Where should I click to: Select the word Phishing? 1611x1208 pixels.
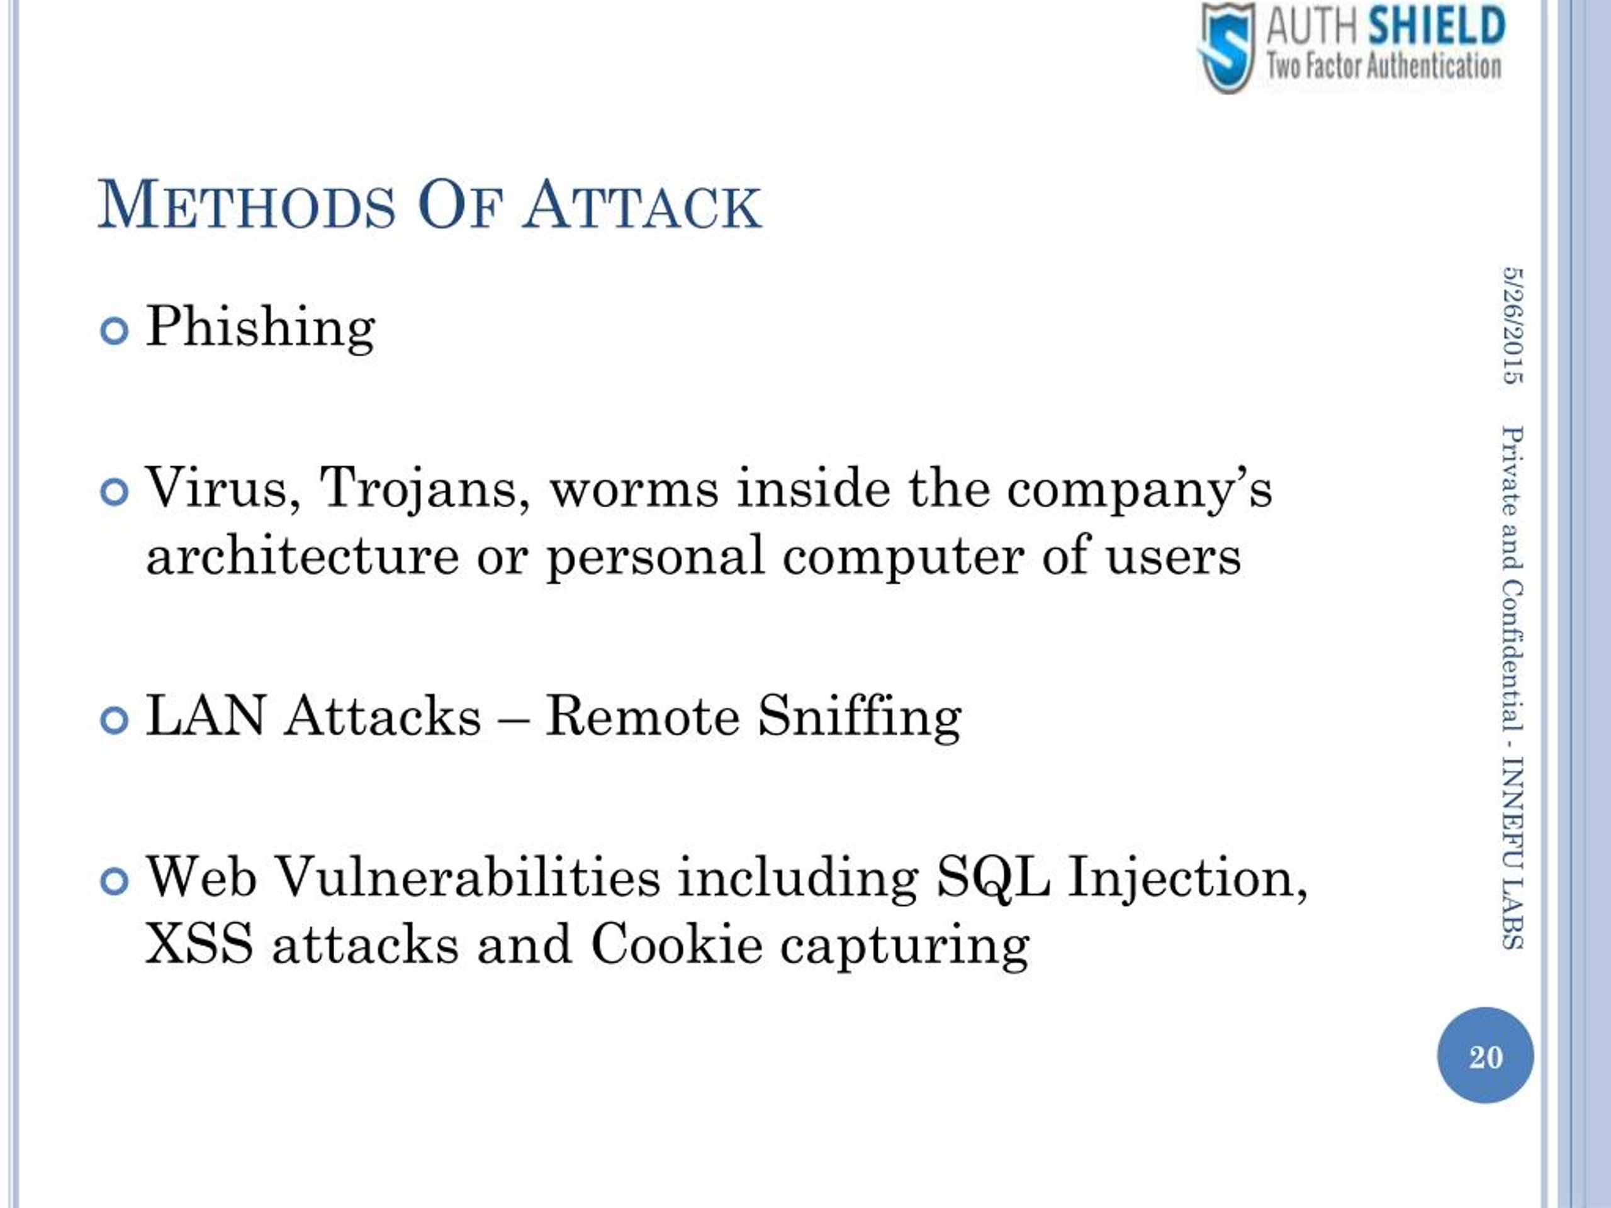pyautogui.click(x=261, y=328)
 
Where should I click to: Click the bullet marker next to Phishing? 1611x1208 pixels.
pyautogui.click(x=115, y=332)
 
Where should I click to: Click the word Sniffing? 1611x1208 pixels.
pyautogui.click(x=860, y=719)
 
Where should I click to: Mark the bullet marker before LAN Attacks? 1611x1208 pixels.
pyautogui.click(x=115, y=721)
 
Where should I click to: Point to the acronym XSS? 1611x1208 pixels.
pyautogui.click(x=199, y=944)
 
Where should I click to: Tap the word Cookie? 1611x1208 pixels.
pyautogui.click(x=676, y=944)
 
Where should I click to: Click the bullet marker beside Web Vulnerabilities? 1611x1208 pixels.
pyautogui.click(x=115, y=882)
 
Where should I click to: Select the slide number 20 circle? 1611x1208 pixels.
pyautogui.click(x=1485, y=1056)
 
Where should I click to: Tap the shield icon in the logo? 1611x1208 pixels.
pyautogui.click(x=1227, y=47)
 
